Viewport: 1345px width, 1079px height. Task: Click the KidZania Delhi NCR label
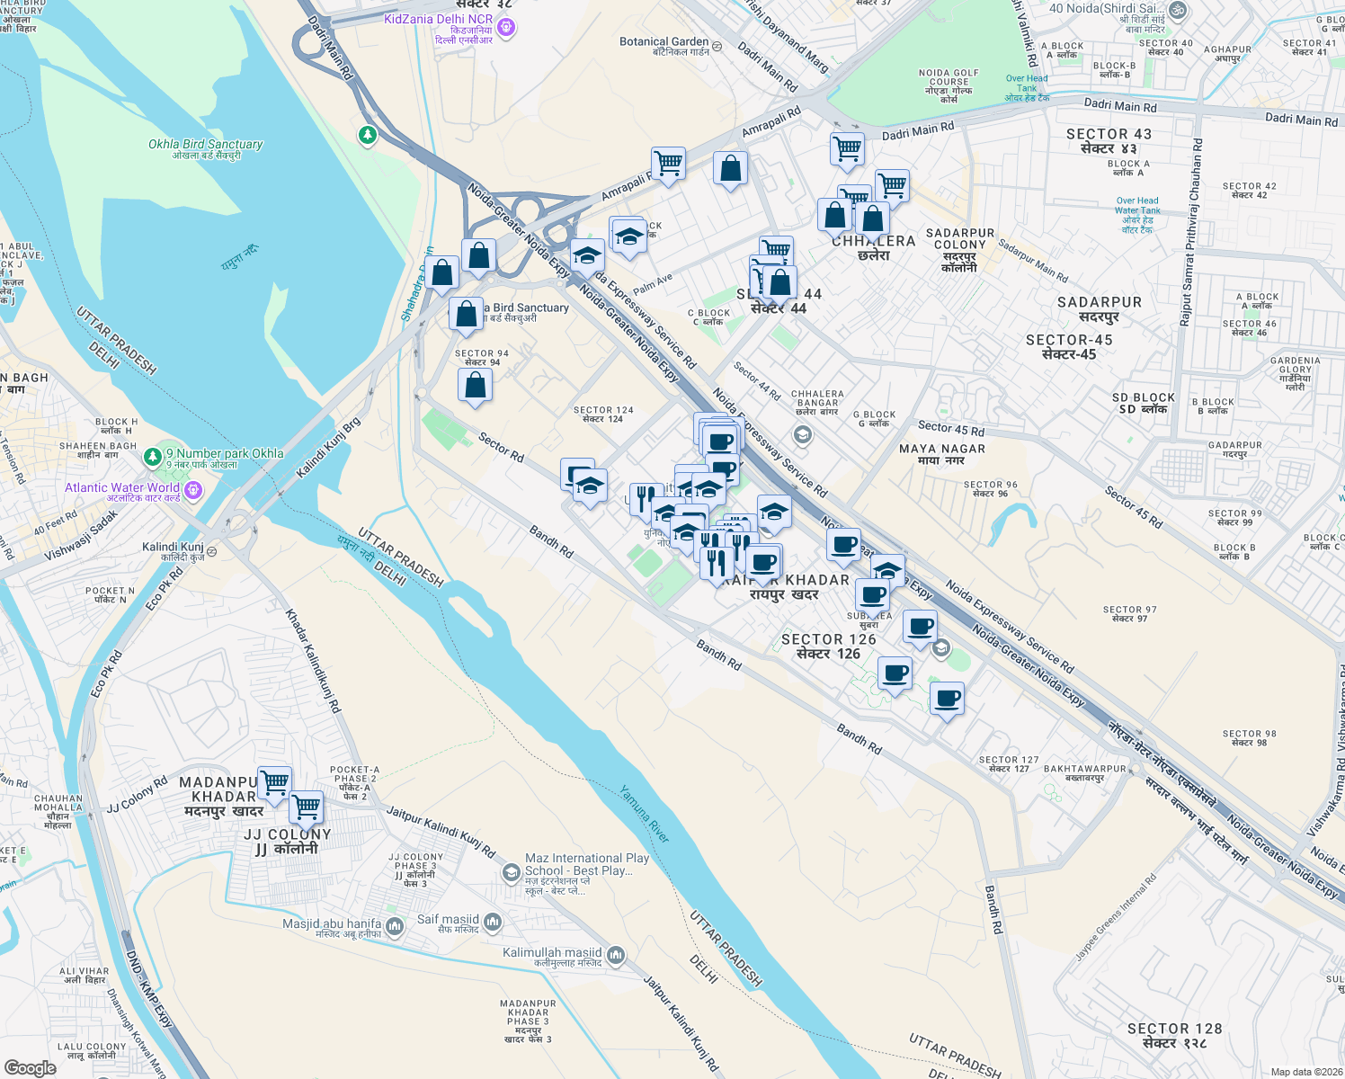point(439,19)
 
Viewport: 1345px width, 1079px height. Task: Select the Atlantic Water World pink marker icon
point(193,491)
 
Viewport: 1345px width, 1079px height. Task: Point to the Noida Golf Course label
point(949,85)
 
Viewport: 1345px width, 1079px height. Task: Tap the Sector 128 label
point(1174,1035)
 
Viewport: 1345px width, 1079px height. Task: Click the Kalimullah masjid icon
point(616,955)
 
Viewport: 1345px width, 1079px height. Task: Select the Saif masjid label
point(448,920)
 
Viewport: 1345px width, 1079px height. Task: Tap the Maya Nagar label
point(942,454)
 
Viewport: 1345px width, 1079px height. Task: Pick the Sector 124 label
point(603,414)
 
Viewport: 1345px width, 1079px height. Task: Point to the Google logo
point(30,1068)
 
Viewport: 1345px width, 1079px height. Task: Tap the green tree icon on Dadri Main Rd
point(367,136)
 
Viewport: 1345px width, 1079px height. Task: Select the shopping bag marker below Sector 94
point(476,386)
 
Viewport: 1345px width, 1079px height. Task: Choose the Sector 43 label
point(1109,140)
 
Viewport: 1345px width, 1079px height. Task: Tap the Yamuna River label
point(645,815)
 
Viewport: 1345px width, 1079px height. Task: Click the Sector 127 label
point(1009,764)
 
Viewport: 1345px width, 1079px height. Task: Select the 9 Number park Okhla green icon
point(154,459)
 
